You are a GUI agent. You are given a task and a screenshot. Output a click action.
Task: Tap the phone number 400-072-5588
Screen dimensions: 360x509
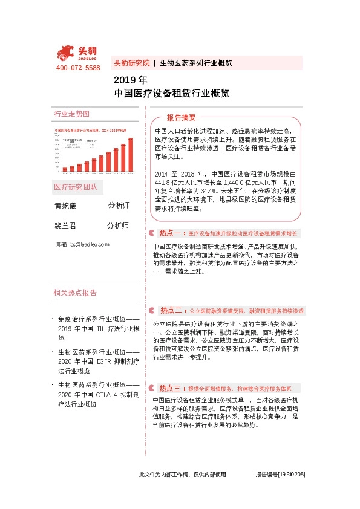78,68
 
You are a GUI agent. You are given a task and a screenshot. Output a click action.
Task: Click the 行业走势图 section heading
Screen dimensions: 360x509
71,114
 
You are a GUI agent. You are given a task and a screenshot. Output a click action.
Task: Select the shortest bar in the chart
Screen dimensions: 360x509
65,170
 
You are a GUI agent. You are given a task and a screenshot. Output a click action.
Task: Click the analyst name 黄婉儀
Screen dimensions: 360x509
66,206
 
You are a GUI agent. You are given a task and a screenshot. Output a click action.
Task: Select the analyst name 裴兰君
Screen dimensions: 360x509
66,225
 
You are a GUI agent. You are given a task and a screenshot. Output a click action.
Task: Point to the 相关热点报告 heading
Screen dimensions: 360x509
75,293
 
